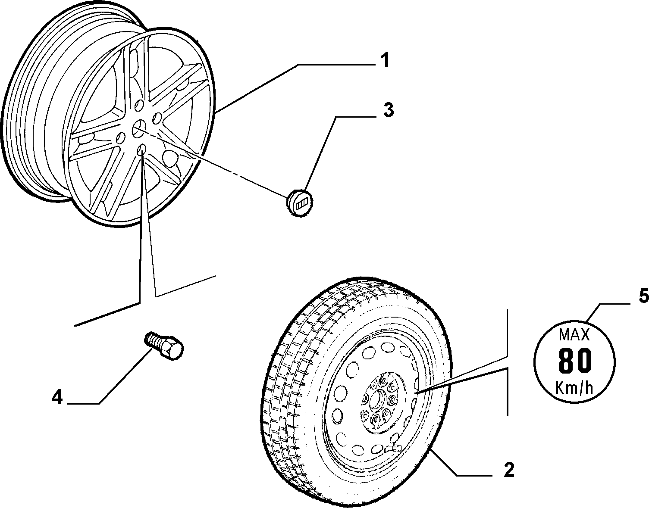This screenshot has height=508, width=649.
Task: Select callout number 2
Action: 509,470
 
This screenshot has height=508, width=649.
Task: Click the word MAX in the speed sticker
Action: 574,335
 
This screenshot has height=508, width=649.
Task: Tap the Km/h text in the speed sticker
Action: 574,388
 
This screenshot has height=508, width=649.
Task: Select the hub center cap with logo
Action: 300,202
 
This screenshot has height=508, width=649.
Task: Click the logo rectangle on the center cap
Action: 301,205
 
